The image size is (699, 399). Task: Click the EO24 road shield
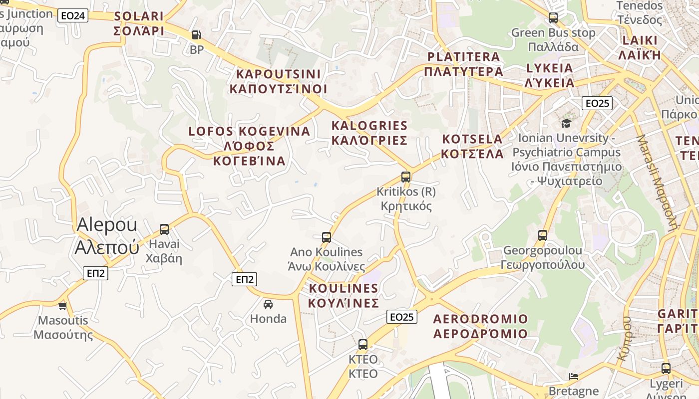pos(73,15)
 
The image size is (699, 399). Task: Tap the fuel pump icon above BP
pos(197,35)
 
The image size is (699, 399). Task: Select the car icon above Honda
pos(268,304)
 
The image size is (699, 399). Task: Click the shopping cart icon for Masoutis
pos(63,306)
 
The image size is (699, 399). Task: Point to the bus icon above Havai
pos(164,229)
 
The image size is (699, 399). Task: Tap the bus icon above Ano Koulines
pos(327,237)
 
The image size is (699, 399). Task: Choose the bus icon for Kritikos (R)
pos(406,177)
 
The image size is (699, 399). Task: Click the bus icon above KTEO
pos(363,345)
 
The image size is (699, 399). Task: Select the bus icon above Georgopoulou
pos(543,235)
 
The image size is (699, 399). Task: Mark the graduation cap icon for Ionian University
pos(566,123)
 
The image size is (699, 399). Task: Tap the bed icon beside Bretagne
pos(574,376)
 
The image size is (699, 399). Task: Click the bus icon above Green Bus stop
pos(553,18)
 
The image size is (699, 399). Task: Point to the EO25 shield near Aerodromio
pos(402,317)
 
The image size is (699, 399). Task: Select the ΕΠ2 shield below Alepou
pos(95,273)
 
